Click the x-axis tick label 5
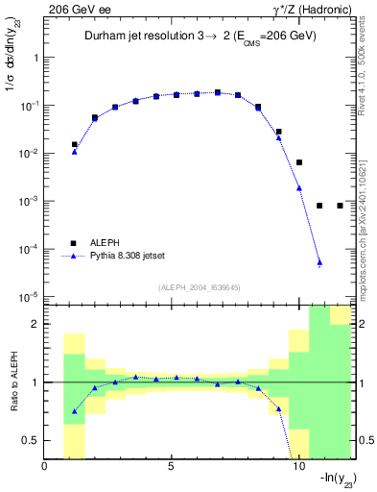(172, 467)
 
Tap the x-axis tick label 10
(298, 467)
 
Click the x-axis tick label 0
(45, 467)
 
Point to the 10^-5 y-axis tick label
(28, 297)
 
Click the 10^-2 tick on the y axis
(28, 154)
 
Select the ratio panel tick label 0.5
(32, 440)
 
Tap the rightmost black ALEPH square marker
(340, 206)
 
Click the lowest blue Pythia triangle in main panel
(319, 262)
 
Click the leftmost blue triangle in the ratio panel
(75, 411)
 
